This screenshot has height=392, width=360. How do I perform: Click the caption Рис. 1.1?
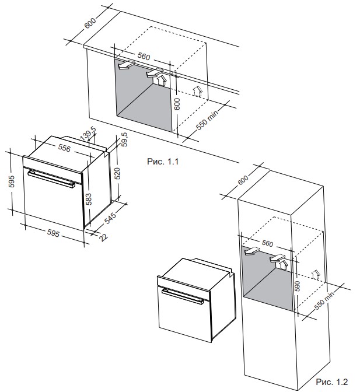tap(162, 162)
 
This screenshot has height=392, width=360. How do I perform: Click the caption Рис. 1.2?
tap(331, 381)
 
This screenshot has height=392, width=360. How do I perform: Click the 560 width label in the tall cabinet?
tap(267, 243)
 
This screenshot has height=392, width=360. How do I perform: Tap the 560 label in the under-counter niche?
tap(144, 57)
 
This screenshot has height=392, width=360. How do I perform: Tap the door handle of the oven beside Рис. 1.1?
tap(51, 177)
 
